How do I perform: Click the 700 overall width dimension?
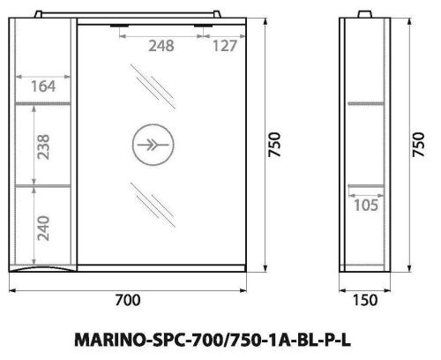tap(130, 300)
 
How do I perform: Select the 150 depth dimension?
tap(364, 300)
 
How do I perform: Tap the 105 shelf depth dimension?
tap(365, 206)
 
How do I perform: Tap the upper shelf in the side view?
tap(364, 104)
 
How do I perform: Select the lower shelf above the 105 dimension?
tap(364, 185)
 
